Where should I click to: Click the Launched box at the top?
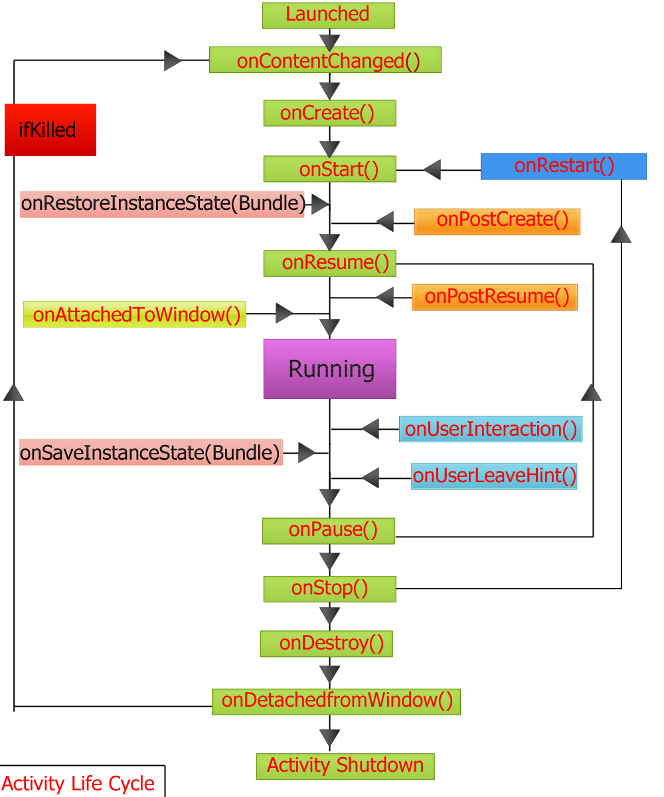click(328, 15)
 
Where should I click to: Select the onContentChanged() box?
click(325, 60)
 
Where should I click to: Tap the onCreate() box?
click(329, 113)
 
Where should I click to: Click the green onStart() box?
click(329, 169)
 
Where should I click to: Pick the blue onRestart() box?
click(563, 166)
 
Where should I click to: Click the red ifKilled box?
click(50, 130)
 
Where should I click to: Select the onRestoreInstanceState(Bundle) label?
click(162, 204)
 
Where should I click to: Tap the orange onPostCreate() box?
click(497, 221)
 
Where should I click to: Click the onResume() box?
click(329, 263)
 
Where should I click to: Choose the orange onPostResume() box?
click(495, 297)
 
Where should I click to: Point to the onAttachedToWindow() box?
click(135, 314)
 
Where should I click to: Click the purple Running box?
click(329, 369)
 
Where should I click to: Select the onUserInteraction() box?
click(491, 429)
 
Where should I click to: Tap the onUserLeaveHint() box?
click(494, 476)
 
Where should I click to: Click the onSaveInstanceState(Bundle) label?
click(151, 452)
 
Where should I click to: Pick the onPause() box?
click(328, 531)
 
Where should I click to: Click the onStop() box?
click(329, 588)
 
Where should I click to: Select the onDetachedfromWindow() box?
click(336, 701)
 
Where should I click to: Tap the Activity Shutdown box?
click(345, 766)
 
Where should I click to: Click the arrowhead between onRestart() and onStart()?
click(432, 170)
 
